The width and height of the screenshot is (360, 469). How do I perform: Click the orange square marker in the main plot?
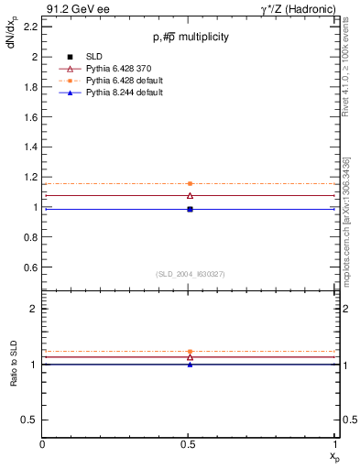point(190,183)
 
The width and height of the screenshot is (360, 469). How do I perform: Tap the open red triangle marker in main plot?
point(190,195)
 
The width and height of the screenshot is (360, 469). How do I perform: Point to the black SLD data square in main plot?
point(190,209)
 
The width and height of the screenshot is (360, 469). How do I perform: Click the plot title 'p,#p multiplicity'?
point(190,37)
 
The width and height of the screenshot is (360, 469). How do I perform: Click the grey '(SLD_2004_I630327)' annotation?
point(190,274)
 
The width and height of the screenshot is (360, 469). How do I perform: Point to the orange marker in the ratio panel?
point(190,352)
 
